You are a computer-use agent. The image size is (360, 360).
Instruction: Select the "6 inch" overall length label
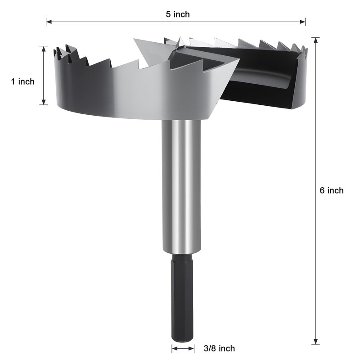coord(331,190)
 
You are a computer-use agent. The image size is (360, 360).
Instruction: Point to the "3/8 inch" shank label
coord(219,348)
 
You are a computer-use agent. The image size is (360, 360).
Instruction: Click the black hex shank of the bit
coord(182,297)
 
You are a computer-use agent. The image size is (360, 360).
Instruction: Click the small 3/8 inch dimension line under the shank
coord(183,348)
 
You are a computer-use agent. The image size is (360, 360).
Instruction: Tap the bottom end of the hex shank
coord(182,340)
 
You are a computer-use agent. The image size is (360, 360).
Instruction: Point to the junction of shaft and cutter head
coord(181,121)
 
